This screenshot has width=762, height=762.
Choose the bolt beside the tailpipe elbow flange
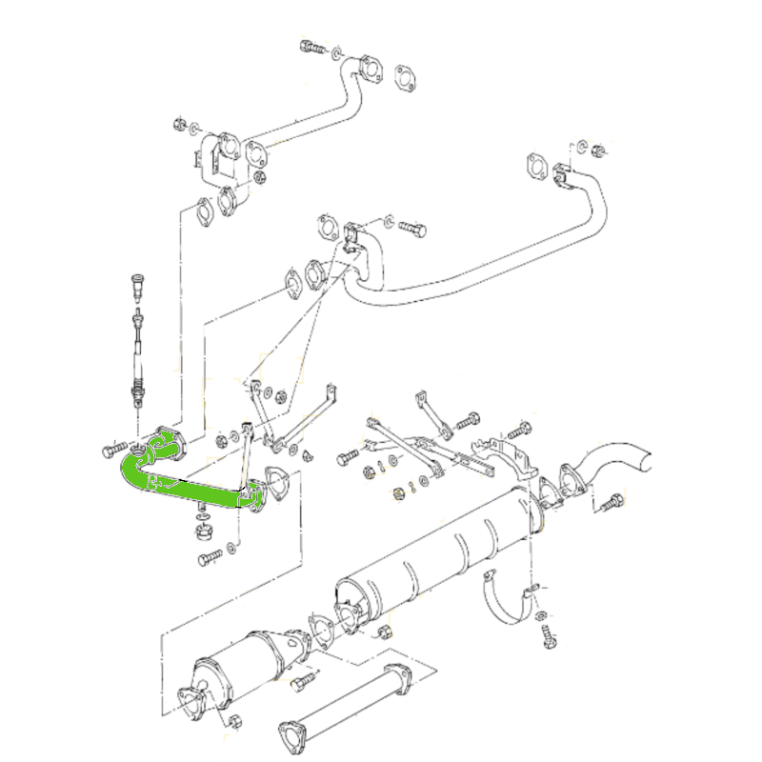tap(611, 502)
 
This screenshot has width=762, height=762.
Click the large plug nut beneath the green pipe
tap(202, 531)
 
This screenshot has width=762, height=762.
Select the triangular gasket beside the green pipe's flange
tap(277, 483)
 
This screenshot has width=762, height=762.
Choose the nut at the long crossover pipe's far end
tap(600, 150)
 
